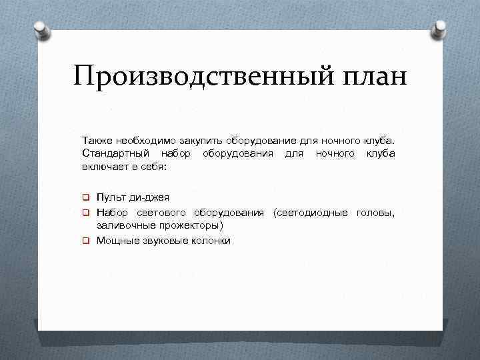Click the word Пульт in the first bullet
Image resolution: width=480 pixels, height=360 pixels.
point(110,197)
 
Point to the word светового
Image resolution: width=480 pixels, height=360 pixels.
point(165,213)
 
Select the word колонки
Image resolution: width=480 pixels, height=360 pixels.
point(211,241)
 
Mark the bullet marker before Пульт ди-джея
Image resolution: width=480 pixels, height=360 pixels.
point(86,197)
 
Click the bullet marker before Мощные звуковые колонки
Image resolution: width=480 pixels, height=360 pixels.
point(86,241)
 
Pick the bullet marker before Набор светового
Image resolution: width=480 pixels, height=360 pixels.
point(86,213)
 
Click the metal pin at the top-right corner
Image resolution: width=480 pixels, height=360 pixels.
point(441,28)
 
